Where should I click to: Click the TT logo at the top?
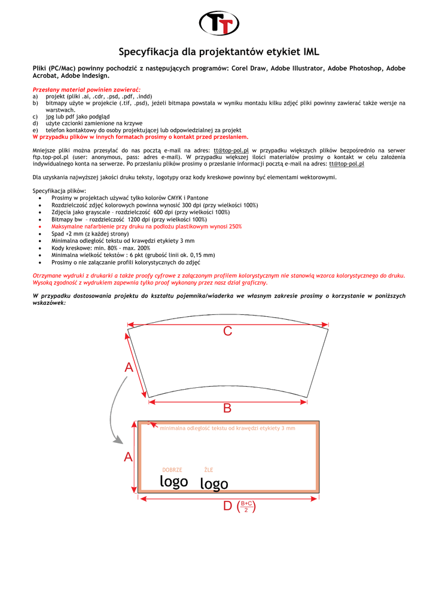pyautogui.click(x=219, y=23)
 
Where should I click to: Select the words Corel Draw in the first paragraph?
pyautogui.click(x=246, y=69)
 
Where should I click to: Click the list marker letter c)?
pyautogui.click(x=35, y=117)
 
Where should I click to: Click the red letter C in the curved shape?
pyautogui.click(x=227, y=331)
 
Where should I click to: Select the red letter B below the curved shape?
pyautogui.click(x=227, y=408)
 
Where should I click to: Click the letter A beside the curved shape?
pyautogui.click(x=129, y=368)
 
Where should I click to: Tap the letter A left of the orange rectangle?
pyautogui.click(x=128, y=457)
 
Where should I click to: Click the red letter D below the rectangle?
pyautogui.click(x=227, y=507)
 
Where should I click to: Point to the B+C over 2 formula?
pyautogui.click(x=246, y=507)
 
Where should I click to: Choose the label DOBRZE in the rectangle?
pyautogui.click(x=172, y=470)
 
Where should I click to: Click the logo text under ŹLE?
pyautogui.click(x=214, y=484)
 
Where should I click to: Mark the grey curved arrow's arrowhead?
pyautogui.click(x=117, y=440)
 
